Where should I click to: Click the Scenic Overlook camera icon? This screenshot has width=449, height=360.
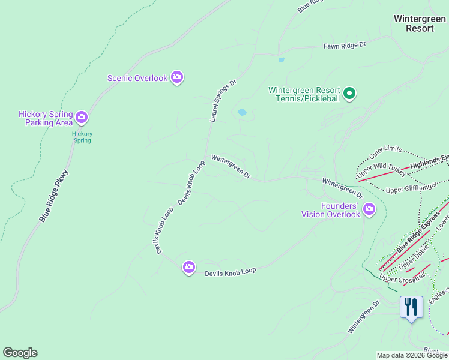[x=177, y=77]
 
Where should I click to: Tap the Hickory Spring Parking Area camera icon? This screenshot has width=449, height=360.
[x=82, y=118]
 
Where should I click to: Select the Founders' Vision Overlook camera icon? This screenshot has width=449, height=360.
[x=369, y=209]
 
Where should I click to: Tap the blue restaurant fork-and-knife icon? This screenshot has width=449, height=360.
[x=411, y=307]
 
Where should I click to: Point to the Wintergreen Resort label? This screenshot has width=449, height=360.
[x=420, y=23]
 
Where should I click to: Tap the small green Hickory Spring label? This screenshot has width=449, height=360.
[x=82, y=137]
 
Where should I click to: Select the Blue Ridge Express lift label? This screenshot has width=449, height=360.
[x=414, y=236]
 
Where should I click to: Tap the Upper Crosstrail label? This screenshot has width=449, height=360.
[x=403, y=276]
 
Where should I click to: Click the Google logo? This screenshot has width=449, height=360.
[x=20, y=353]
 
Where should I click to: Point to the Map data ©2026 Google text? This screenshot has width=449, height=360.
[x=412, y=355]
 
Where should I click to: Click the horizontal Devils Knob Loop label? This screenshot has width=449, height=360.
[x=231, y=272]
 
